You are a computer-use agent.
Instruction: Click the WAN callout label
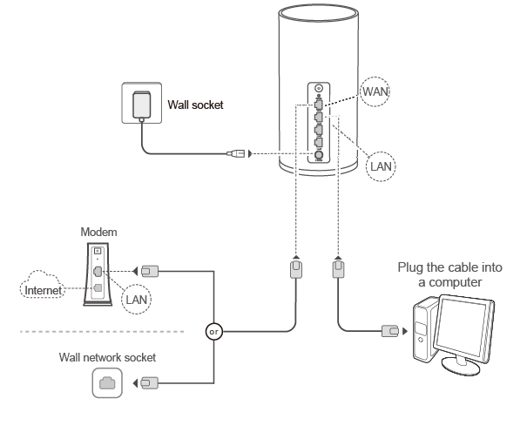coord(375,90)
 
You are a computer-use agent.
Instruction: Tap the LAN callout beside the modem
coord(136,299)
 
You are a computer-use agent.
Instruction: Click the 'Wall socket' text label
coord(195,105)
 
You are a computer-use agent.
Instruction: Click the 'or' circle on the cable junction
coord(213,331)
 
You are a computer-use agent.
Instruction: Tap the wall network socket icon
coord(106,382)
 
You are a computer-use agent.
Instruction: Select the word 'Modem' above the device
coord(98,233)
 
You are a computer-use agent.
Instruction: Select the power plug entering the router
coord(236,154)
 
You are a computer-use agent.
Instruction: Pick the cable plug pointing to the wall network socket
coord(148,382)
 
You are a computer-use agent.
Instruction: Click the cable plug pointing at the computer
coord(390,331)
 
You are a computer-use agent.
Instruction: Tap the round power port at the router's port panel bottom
coord(319,156)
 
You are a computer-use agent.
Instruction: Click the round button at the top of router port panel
coord(319,89)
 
